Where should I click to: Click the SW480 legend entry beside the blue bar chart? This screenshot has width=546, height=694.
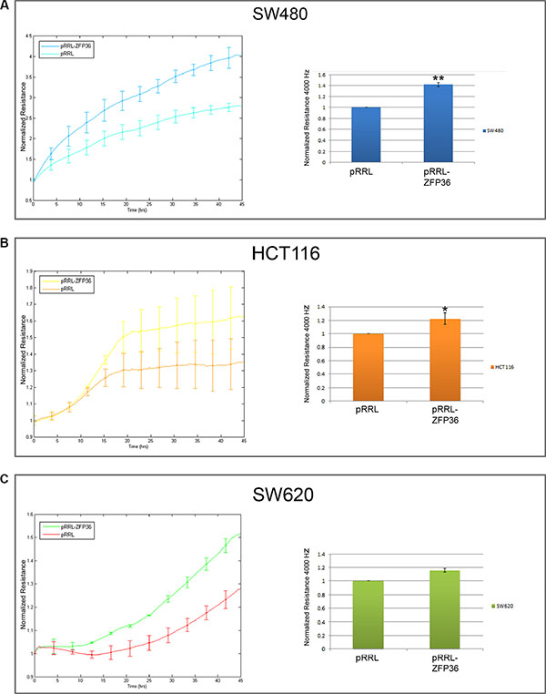[495, 132]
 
